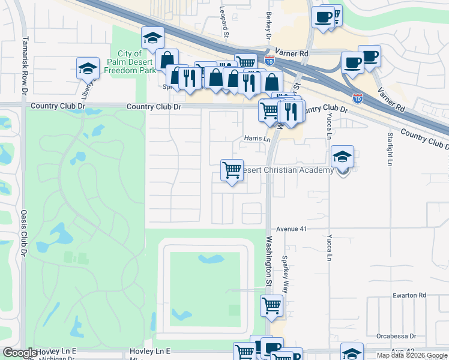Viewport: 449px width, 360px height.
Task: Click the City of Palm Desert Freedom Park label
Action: pos(125,62)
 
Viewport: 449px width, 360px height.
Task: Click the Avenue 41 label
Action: pos(292,229)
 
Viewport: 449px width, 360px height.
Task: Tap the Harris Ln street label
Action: pos(258,139)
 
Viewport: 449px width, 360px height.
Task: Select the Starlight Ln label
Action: pos(390,149)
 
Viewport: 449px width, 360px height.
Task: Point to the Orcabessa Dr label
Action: pos(396,336)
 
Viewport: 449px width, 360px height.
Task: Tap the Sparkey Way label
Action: pos(286,274)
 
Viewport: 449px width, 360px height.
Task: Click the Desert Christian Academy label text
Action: pos(288,170)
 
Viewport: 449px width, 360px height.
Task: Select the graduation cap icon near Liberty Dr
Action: pos(88,68)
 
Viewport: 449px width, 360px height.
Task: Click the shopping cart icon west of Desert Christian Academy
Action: pos(232,169)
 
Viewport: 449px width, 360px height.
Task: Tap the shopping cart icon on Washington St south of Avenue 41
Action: pos(271,305)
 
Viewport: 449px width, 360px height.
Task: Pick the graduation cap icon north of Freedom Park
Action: pos(152,38)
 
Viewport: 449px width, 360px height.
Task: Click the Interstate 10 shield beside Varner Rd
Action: pos(269,61)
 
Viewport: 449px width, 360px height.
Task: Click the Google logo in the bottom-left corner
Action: pos(20,353)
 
